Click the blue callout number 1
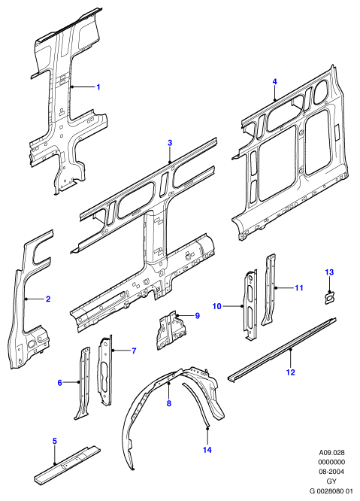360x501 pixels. click(98, 87)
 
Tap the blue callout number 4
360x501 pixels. click(275, 82)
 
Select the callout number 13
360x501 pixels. click(329, 272)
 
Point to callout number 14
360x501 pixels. click(207, 450)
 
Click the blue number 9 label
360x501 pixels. click(197, 316)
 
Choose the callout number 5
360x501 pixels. click(55, 442)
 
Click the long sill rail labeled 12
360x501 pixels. click(283, 348)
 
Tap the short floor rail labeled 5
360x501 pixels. click(67, 464)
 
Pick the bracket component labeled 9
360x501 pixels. click(171, 331)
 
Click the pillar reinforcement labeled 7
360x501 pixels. click(105, 371)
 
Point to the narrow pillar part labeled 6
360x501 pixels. click(83, 383)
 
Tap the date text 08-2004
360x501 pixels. click(331, 471)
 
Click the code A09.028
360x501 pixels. click(331, 452)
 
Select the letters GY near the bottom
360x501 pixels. click(331, 481)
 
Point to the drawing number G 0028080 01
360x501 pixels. click(331, 490)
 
